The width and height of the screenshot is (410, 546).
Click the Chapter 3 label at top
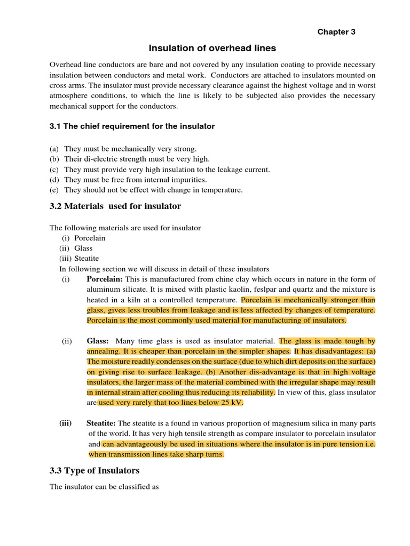336,31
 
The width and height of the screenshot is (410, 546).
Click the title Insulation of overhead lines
212,48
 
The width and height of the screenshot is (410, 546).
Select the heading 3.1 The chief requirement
132,126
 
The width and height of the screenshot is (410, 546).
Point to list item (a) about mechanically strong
130,149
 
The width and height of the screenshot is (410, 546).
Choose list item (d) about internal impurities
135,180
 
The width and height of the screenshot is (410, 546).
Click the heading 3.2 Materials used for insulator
115,206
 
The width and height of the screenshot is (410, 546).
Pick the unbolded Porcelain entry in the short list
90,238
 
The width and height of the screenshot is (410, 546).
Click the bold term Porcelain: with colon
105,279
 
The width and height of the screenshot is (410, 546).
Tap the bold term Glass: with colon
98,341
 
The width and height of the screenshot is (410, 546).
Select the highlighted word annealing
104,351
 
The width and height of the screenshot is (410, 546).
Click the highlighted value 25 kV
231,403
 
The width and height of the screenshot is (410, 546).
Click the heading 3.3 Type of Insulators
94,470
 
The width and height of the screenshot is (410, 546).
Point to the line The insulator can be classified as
104,487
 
